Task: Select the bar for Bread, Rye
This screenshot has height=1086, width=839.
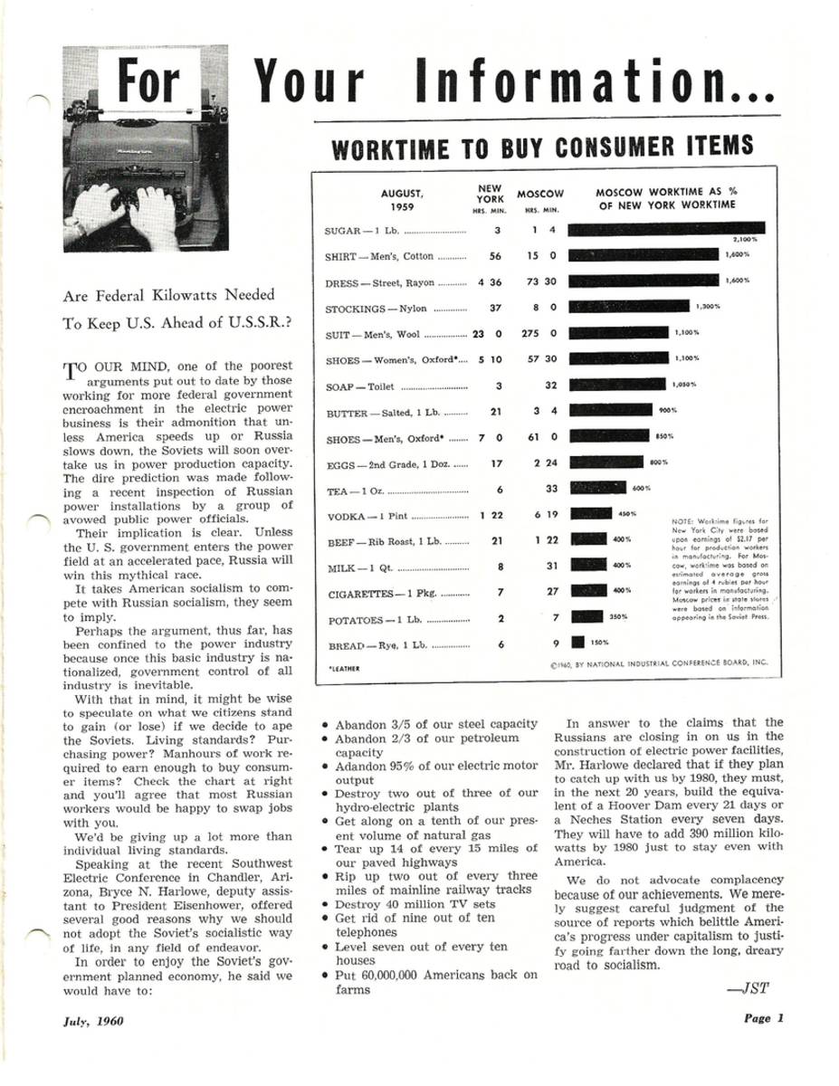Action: [x=577, y=643]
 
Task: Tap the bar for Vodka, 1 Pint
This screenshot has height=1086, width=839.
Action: [x=594, y=514]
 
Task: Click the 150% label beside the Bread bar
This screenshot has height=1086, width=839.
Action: [x=598, y=643]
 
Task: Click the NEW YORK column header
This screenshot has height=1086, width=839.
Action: [x=490, y=195]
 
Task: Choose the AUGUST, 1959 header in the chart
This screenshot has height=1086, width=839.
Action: [x=402, y=199]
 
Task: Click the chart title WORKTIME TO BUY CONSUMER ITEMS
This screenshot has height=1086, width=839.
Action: [x=542, y=147]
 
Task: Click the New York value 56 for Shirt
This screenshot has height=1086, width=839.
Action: [x=495, y=256]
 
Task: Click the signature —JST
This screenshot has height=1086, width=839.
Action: [x=748, y=988]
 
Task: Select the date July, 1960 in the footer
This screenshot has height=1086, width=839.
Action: [x=93, y=1022]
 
